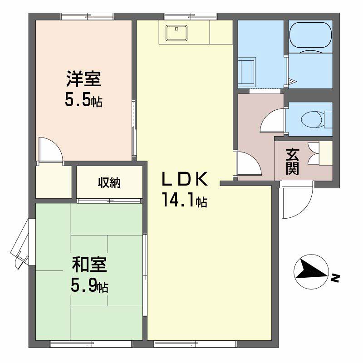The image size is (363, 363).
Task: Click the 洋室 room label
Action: click(83, 80)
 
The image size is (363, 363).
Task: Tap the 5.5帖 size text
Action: click(83, 100)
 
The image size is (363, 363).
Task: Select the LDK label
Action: click(185, 180)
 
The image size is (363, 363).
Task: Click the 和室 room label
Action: click(89, 265)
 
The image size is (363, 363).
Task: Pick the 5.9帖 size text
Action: click(89, 285)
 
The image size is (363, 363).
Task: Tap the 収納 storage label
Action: click(109, 183)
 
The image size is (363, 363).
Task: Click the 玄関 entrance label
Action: click(292, 162)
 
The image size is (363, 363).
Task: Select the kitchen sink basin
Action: click(175, 33)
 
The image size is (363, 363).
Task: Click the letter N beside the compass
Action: click(335, 278)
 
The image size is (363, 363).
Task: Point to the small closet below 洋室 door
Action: click(54, 181)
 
